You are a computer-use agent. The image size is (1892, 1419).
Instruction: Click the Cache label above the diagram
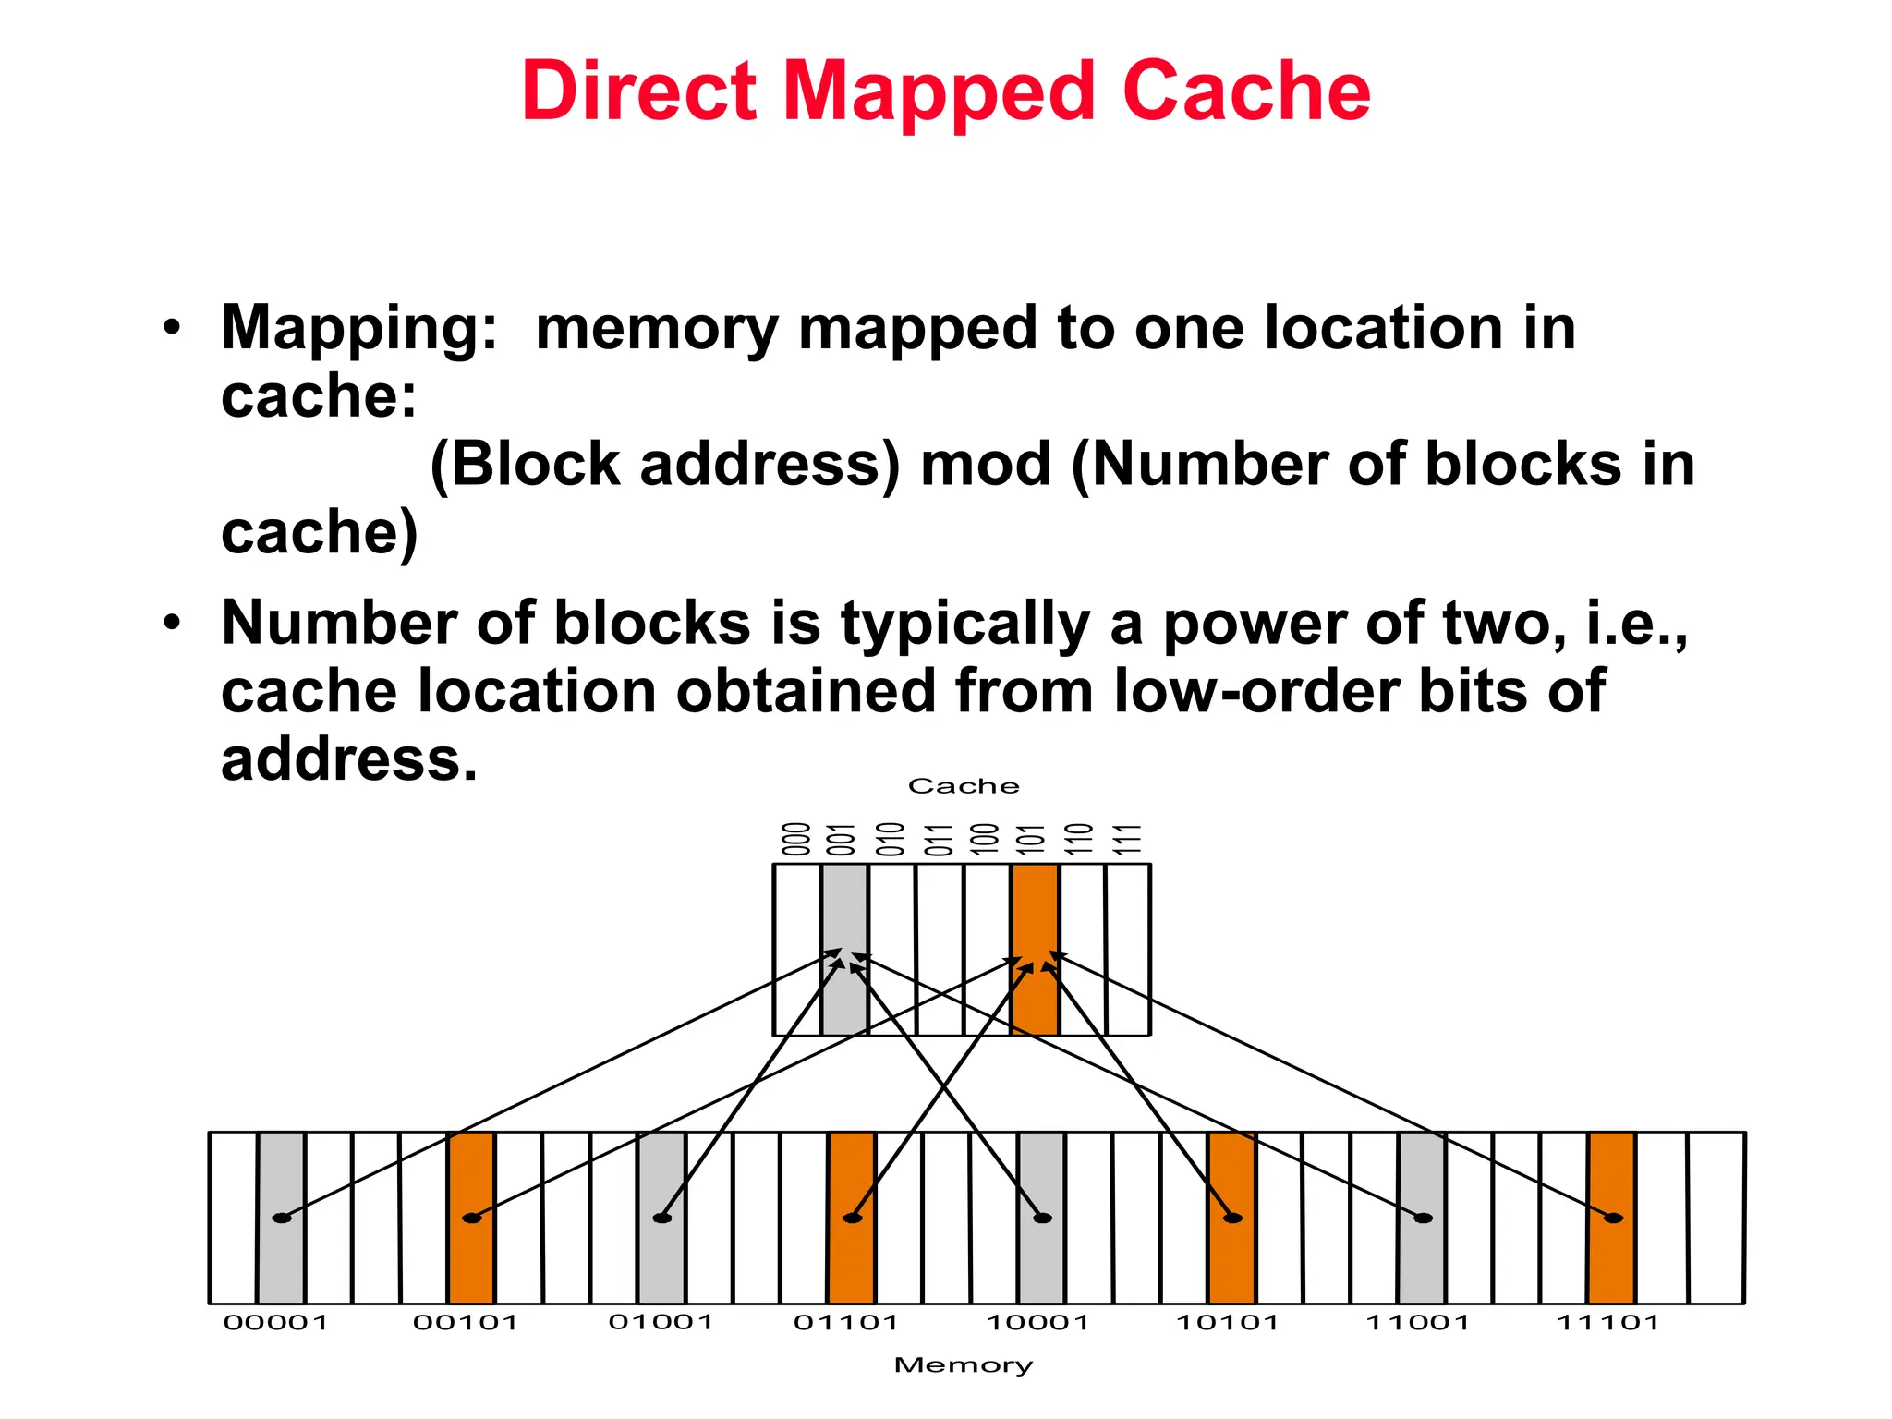click(x=964, y=786)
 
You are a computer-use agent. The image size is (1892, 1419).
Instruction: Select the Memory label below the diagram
click(x=964, y=1365)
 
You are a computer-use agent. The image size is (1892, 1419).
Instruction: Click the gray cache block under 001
click(x=844, y=905)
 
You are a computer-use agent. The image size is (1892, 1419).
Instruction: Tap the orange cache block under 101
click(x=1035, y=905)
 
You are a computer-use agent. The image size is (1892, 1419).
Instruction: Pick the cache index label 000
click(x=796, y=840)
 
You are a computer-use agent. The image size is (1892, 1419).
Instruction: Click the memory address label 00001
click(x=276, y=1323)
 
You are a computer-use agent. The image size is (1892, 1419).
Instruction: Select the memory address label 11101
click(x=1608, y=1323)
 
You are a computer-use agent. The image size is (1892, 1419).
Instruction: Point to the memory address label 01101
click(x=846, y=1323)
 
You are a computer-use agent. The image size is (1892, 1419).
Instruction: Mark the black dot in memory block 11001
click(x=1424, y=1218)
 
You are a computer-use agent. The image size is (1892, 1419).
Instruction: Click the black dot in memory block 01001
click(x=662, y=1218)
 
